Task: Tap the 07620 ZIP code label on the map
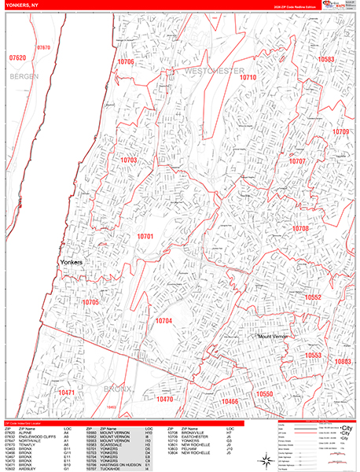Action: point(17,58)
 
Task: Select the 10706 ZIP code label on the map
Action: point(126,61)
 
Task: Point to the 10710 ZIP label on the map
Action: point(248,78)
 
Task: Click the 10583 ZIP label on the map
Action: point(326,59)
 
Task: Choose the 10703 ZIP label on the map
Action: point(129,160)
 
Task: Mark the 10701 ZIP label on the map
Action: point(145,235)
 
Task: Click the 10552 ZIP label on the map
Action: point(314,297)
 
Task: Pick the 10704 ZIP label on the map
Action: point(163,321)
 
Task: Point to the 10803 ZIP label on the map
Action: point(342,361)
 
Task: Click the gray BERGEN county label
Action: point(24,77)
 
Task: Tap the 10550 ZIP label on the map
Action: point(263,393)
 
